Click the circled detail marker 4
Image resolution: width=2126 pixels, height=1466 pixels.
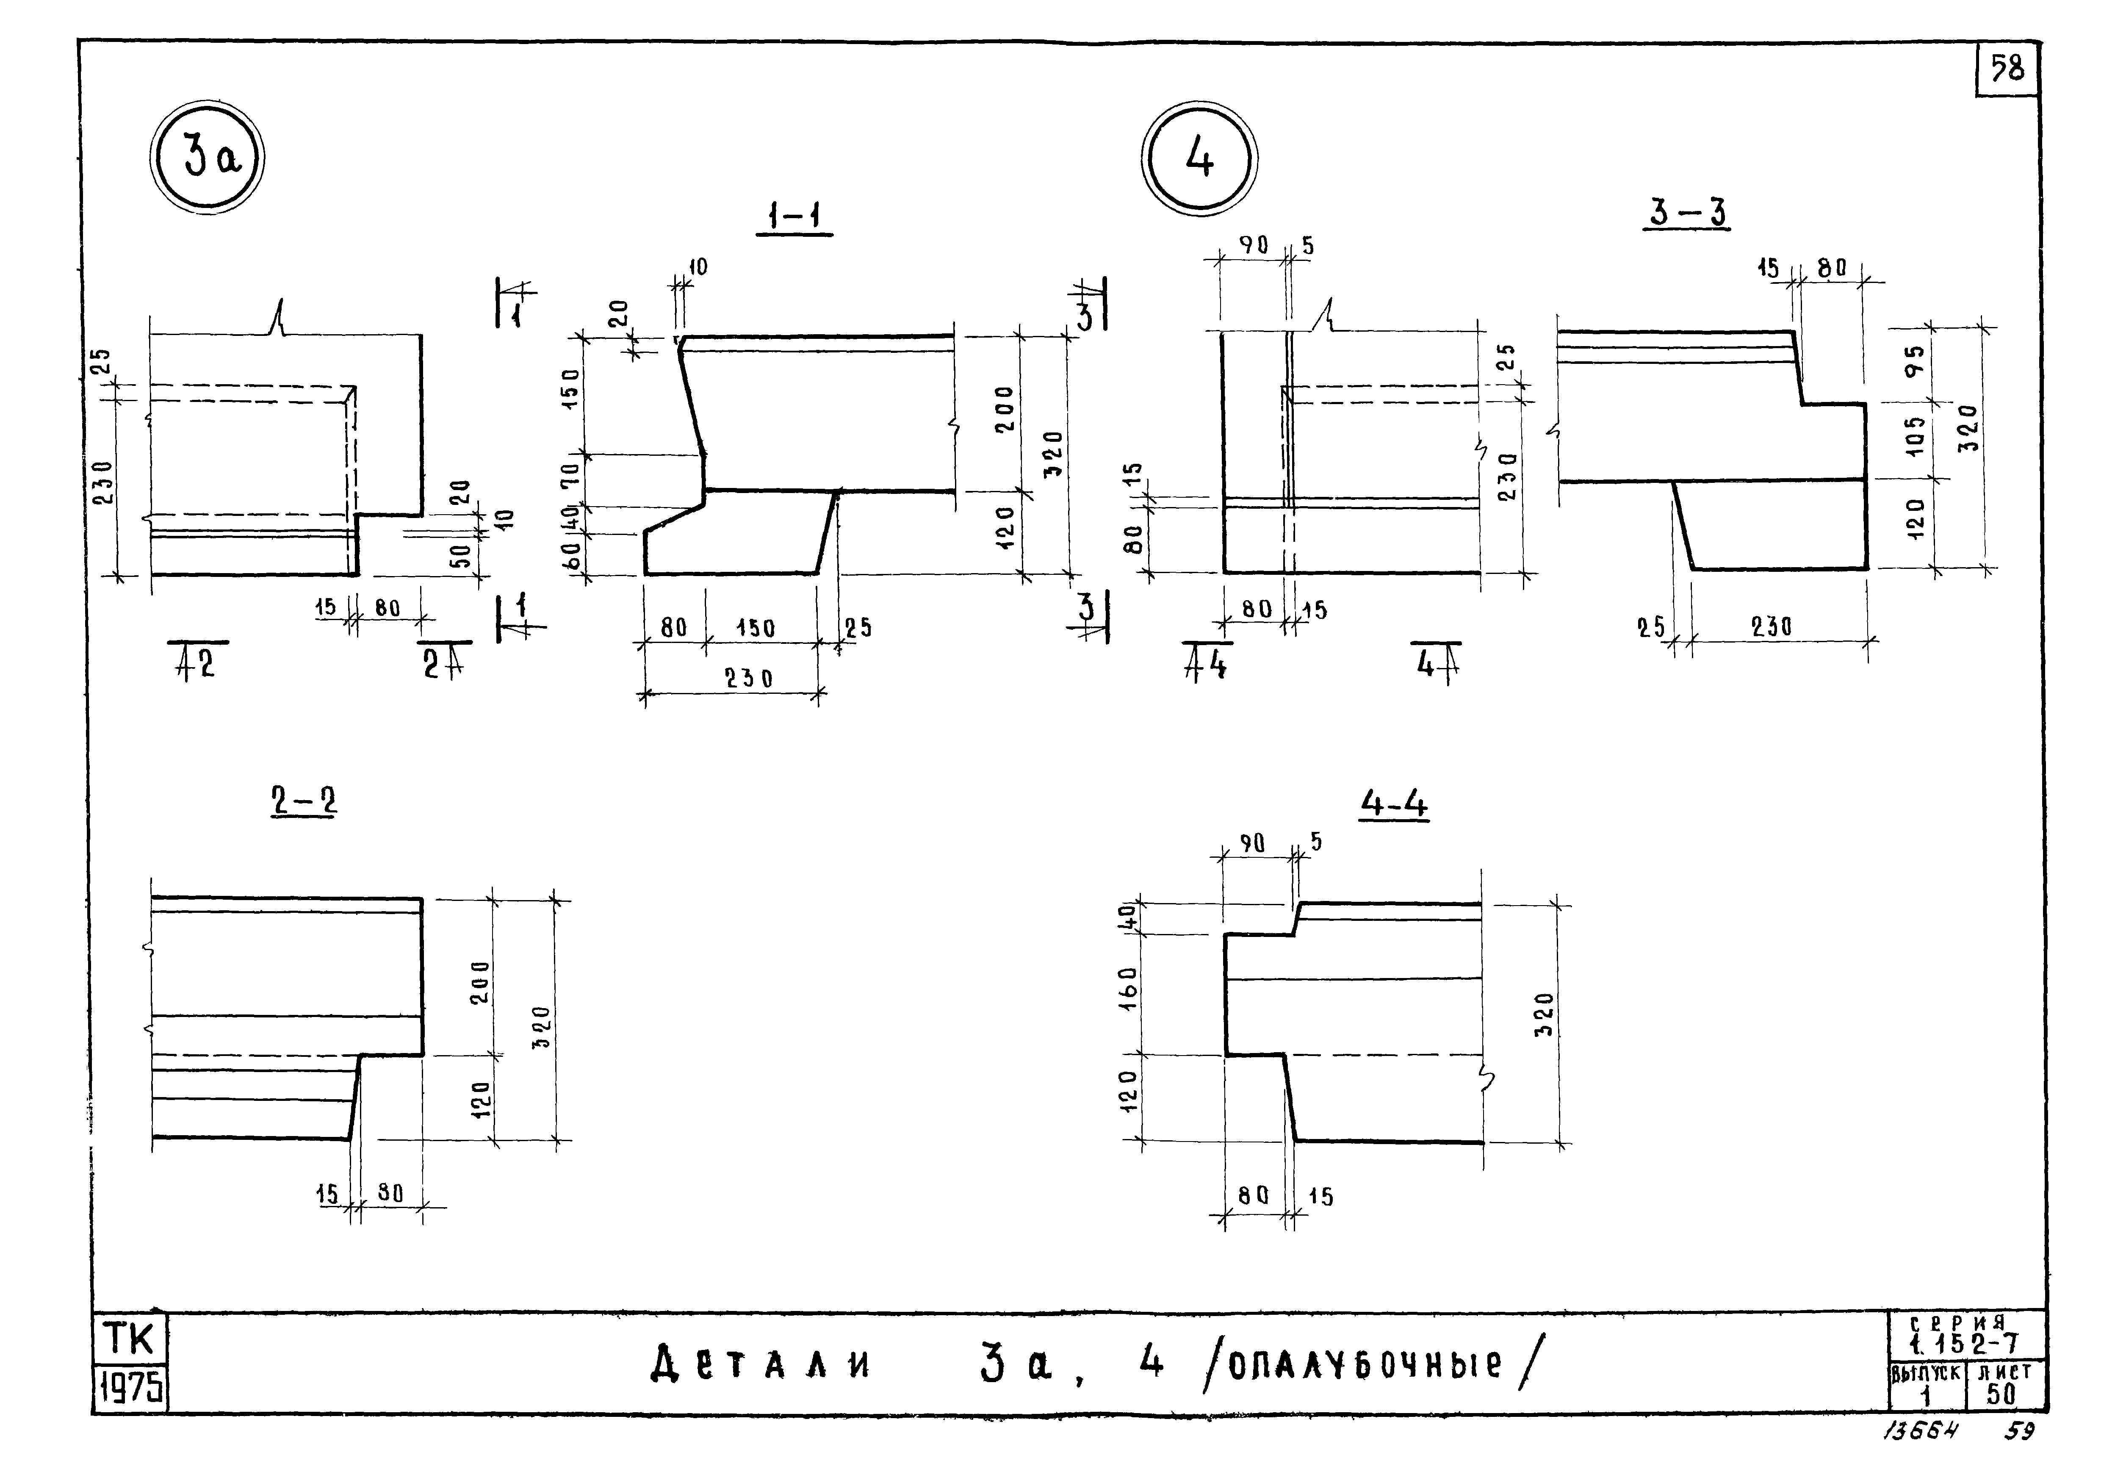[x=1199, y=160]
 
